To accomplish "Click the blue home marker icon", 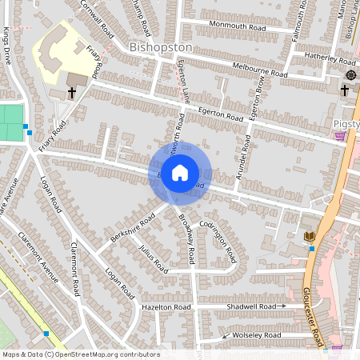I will click(x=180, y=173).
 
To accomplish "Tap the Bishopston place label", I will click(x=160, y=47).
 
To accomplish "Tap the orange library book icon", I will click(x=310, y=236).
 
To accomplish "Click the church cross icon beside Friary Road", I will click(x=72, y=93).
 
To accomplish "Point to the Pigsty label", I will click(x=346, y=124).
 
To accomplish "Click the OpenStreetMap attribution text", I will click(x=81, y=354).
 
